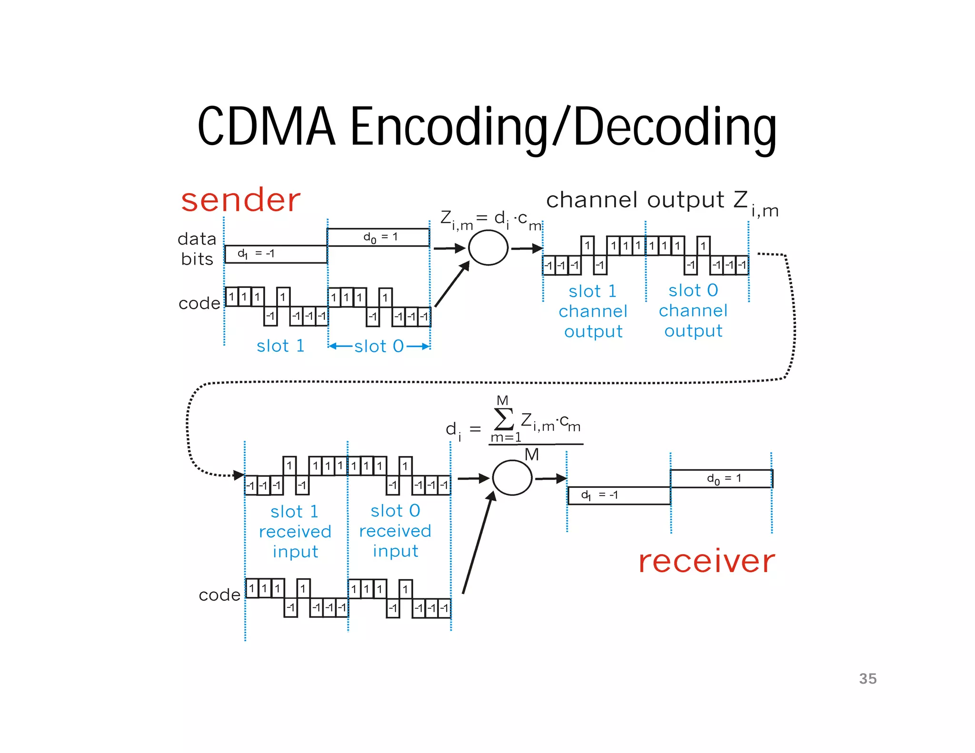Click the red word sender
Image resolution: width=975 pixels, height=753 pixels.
point(240,200)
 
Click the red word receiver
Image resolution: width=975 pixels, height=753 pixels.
point(706,561)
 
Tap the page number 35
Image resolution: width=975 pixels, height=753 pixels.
point(867,679)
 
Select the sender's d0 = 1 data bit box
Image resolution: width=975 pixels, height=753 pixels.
point(378,237)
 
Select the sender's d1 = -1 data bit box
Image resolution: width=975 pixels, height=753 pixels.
point(276,254)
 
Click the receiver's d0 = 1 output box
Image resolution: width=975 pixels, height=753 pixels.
point(721,478)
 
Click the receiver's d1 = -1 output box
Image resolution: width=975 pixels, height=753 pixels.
point(619,495)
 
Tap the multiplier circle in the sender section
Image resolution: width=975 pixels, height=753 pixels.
point(488,248)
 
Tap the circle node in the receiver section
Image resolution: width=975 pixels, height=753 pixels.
point(512,478)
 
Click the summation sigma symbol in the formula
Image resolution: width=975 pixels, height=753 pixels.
point(504,419)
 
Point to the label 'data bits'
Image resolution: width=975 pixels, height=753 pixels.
point(197,248)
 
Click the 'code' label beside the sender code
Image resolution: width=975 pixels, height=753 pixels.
point(199,303)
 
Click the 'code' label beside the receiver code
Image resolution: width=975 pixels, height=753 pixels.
point(219,595)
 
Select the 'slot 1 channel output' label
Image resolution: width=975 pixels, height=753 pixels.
point(593,311)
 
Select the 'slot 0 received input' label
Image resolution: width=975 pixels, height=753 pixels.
point(395,531)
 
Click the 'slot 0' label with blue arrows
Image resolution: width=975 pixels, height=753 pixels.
point(379,346)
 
